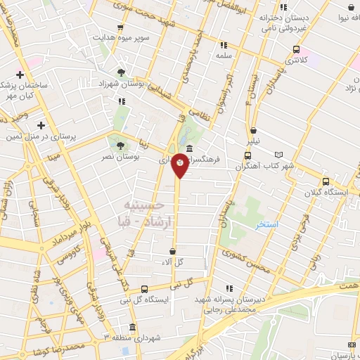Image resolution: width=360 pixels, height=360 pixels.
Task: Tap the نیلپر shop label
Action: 252,141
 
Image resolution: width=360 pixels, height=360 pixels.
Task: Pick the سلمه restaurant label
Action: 224,55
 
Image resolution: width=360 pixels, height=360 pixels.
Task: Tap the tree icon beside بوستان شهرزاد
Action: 122,72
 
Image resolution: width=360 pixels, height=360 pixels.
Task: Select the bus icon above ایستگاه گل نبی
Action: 144,289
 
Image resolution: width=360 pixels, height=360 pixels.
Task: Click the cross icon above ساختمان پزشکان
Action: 20,75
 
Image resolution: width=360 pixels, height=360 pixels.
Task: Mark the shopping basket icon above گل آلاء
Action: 174,250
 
